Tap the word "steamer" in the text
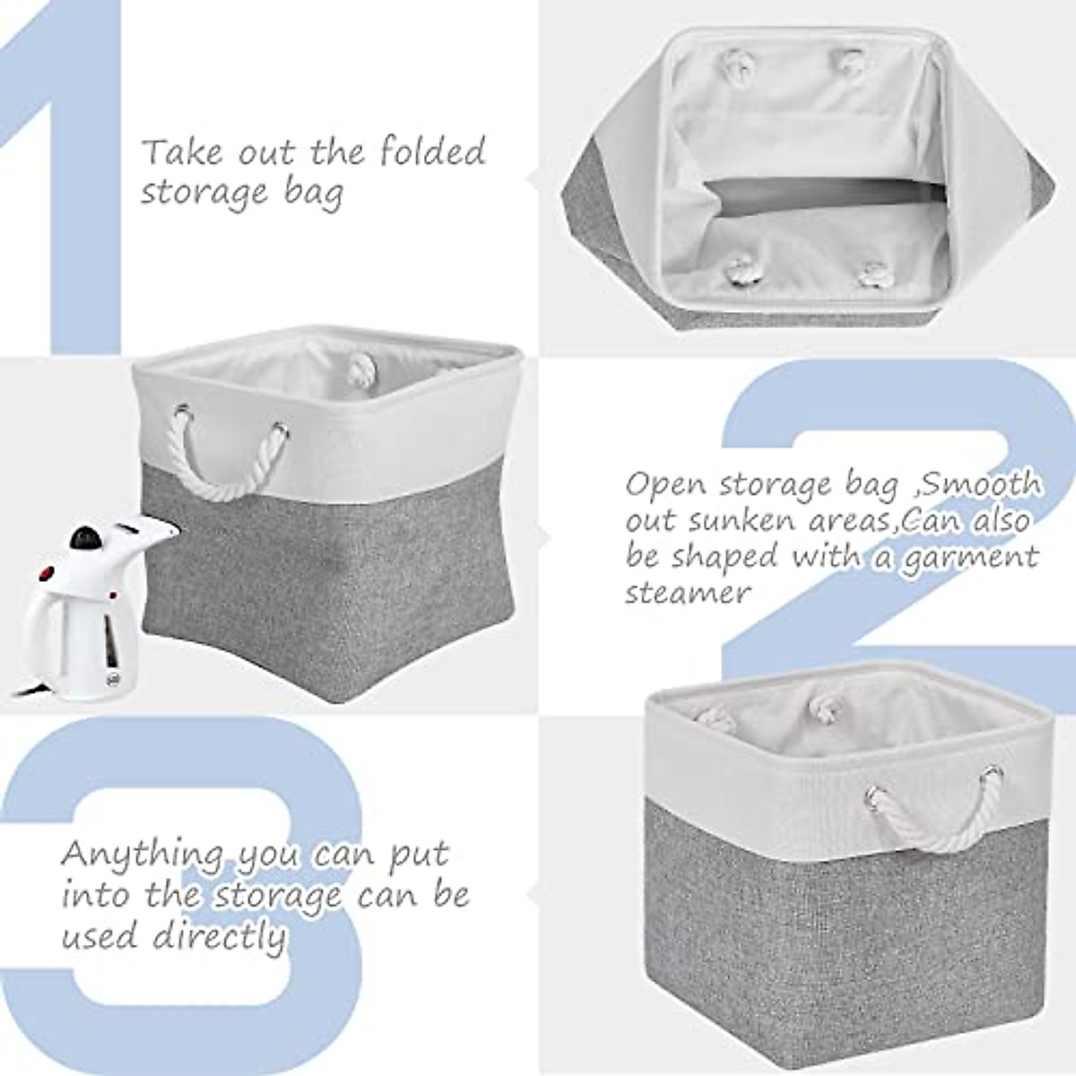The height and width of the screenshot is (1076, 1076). tap(686, 592)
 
